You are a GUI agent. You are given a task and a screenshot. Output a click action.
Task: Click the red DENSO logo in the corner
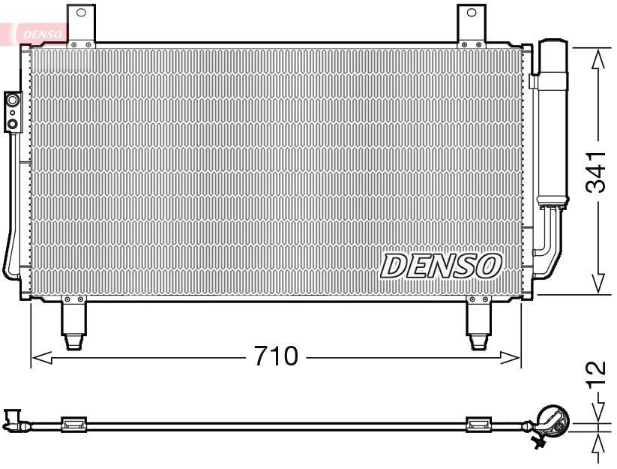(x=37, y=33)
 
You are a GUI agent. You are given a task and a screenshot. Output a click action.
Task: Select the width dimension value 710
(x=275, y=356)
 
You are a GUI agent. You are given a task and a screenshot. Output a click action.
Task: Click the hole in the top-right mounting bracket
(x=472, y=12)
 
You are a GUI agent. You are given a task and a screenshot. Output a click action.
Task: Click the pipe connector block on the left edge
(x=13, y=111)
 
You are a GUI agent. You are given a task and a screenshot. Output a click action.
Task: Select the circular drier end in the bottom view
(x=553, y=421)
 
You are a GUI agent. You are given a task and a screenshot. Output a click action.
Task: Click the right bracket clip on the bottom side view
(x=478, y=424)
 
